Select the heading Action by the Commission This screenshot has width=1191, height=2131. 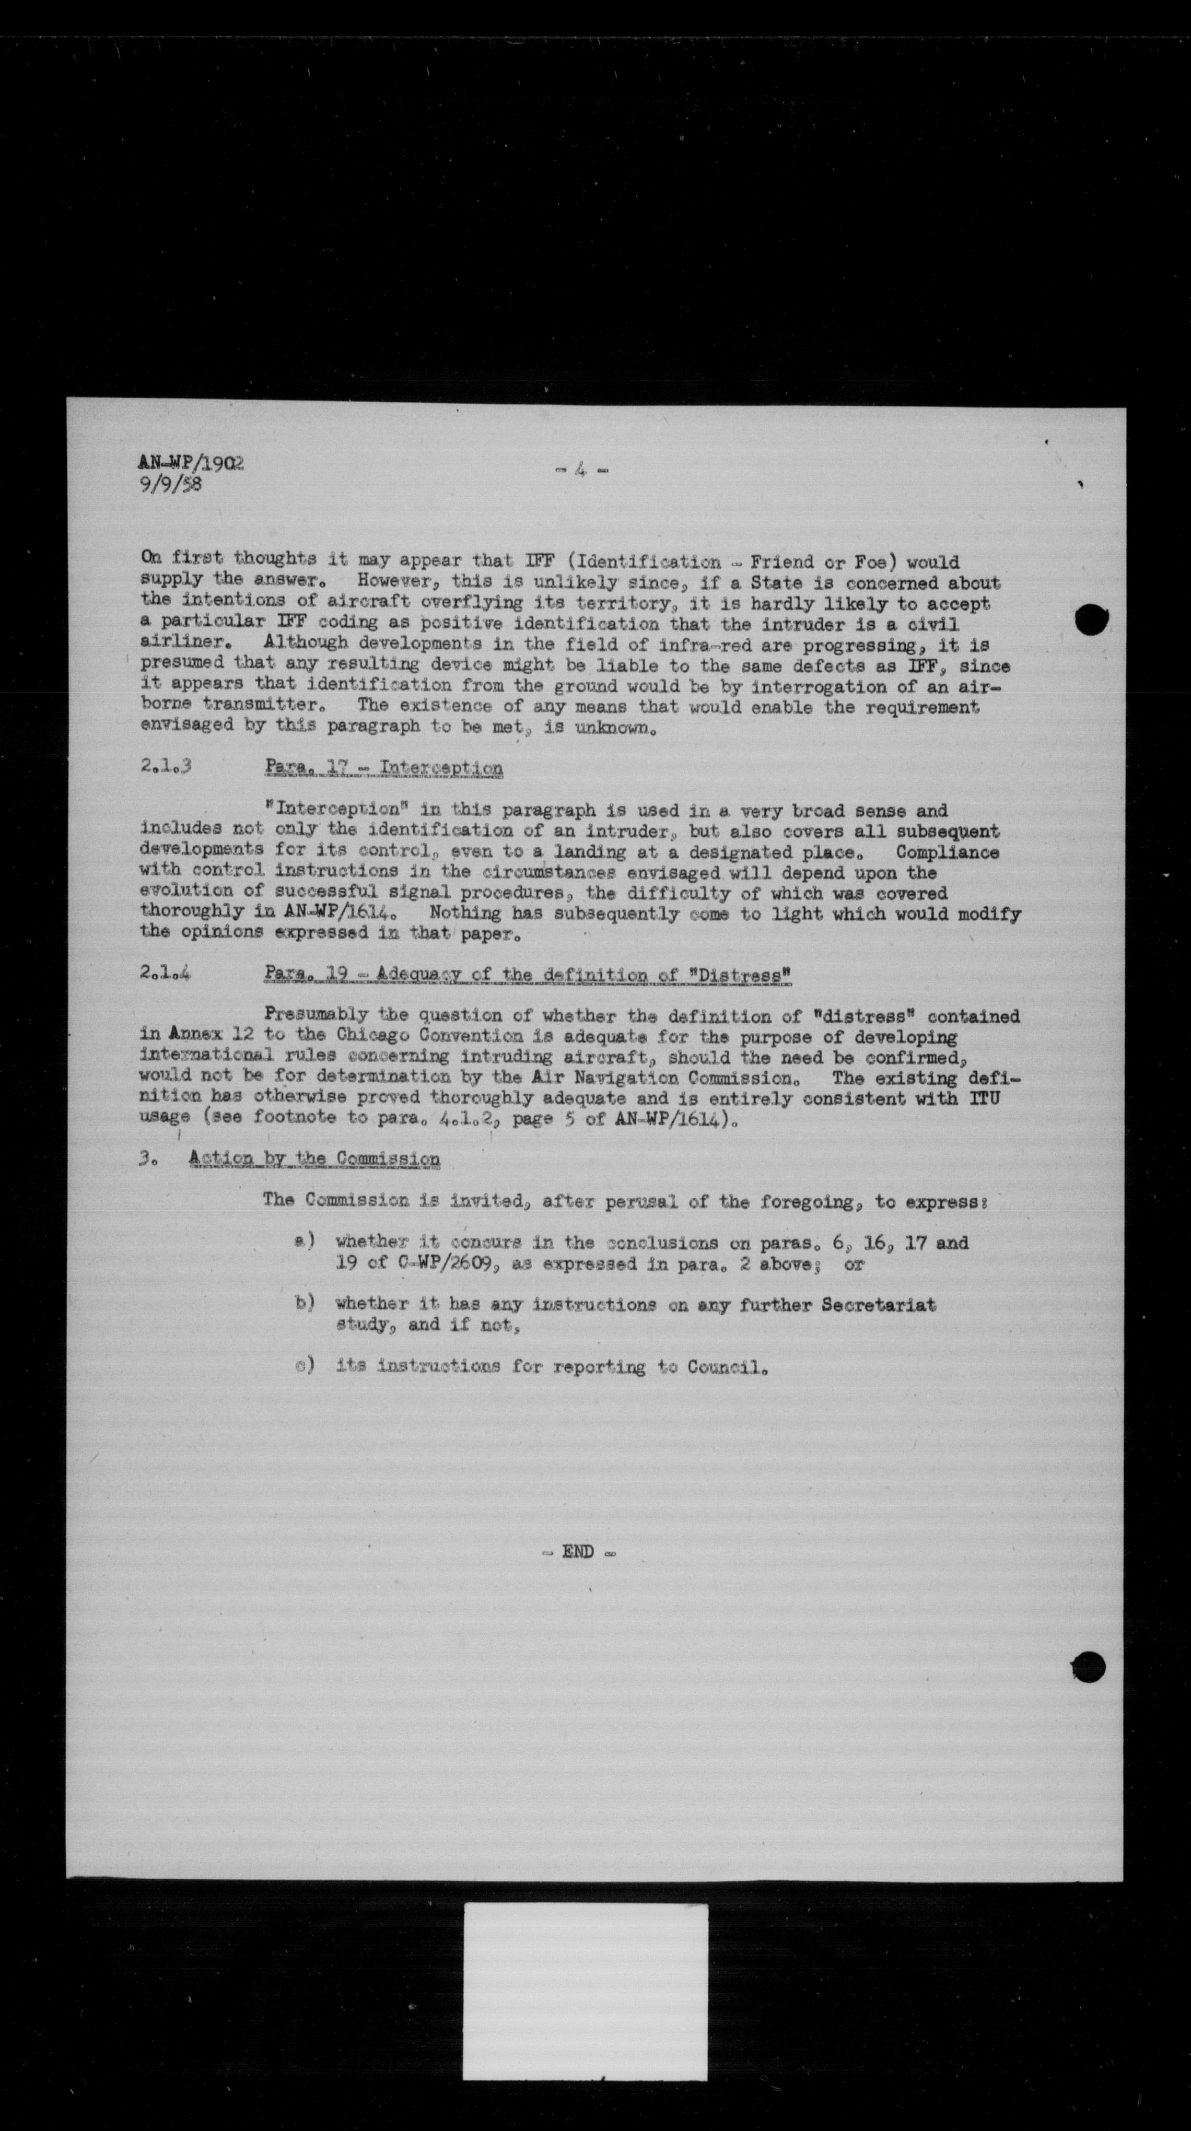314,1159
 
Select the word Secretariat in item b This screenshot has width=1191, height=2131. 879,1305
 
